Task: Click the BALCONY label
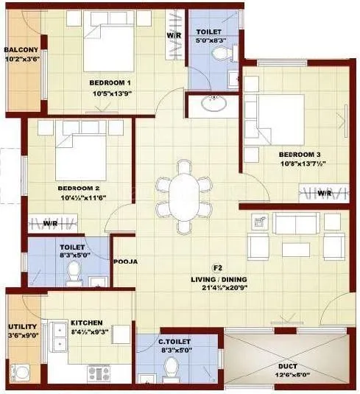click(21, 50)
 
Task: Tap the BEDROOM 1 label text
click(110, 82)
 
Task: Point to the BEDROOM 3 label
click(299, 155)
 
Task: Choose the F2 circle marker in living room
click(217, 267)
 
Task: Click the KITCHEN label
click(86, 323)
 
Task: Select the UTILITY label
click(18, 326)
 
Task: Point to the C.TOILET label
click(176, 342)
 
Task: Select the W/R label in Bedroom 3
click(324, 193)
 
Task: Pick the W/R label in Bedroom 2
click(51, 222)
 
